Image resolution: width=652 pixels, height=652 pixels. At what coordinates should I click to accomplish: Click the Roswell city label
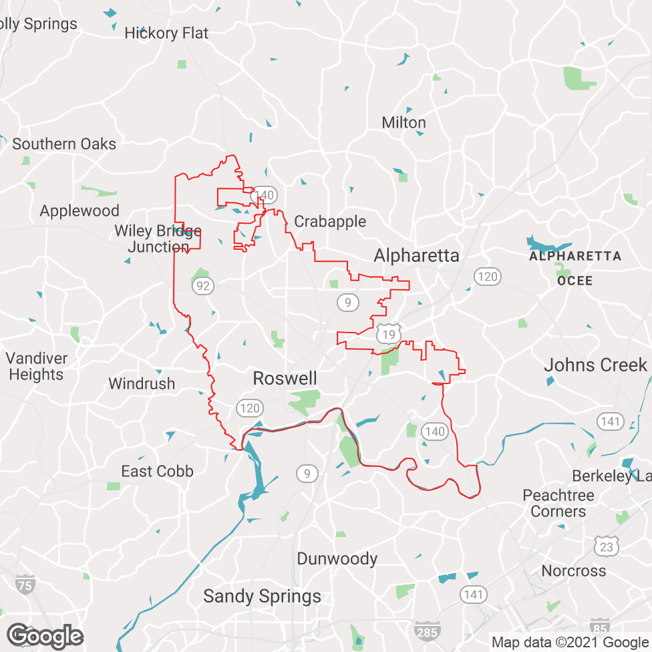[285, 379]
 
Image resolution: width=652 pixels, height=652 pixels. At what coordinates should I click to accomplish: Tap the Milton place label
[403, 123]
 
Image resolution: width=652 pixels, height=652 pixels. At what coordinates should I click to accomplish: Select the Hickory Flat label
[166, 33]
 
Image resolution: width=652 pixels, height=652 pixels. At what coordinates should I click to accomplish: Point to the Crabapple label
[330, 221]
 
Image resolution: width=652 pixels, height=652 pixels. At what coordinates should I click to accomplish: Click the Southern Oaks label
[64, 144]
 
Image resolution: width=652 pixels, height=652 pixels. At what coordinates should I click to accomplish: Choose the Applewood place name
[79, 211]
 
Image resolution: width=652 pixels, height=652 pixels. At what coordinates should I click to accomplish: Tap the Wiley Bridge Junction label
[158, 238]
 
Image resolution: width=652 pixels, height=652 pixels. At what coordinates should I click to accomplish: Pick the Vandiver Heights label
[37, 366]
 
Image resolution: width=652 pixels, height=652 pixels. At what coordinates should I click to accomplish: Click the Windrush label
[142, 384]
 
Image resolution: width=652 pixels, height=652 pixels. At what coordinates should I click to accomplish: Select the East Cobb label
[157, 472]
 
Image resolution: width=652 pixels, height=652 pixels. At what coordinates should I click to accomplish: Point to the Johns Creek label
[595, 365]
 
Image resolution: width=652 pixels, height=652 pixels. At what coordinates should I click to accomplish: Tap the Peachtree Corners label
[558, 504]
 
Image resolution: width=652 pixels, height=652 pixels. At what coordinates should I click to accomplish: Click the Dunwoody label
[337, 559]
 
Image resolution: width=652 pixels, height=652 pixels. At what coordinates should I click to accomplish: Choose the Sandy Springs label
[262, 597]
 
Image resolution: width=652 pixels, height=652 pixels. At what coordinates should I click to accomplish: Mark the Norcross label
[574, 571]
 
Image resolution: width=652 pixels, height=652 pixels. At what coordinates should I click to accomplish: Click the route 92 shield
[203, 287]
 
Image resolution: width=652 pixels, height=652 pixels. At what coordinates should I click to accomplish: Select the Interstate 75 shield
[25, 584]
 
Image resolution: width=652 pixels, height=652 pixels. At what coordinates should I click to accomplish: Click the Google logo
[45, 636]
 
